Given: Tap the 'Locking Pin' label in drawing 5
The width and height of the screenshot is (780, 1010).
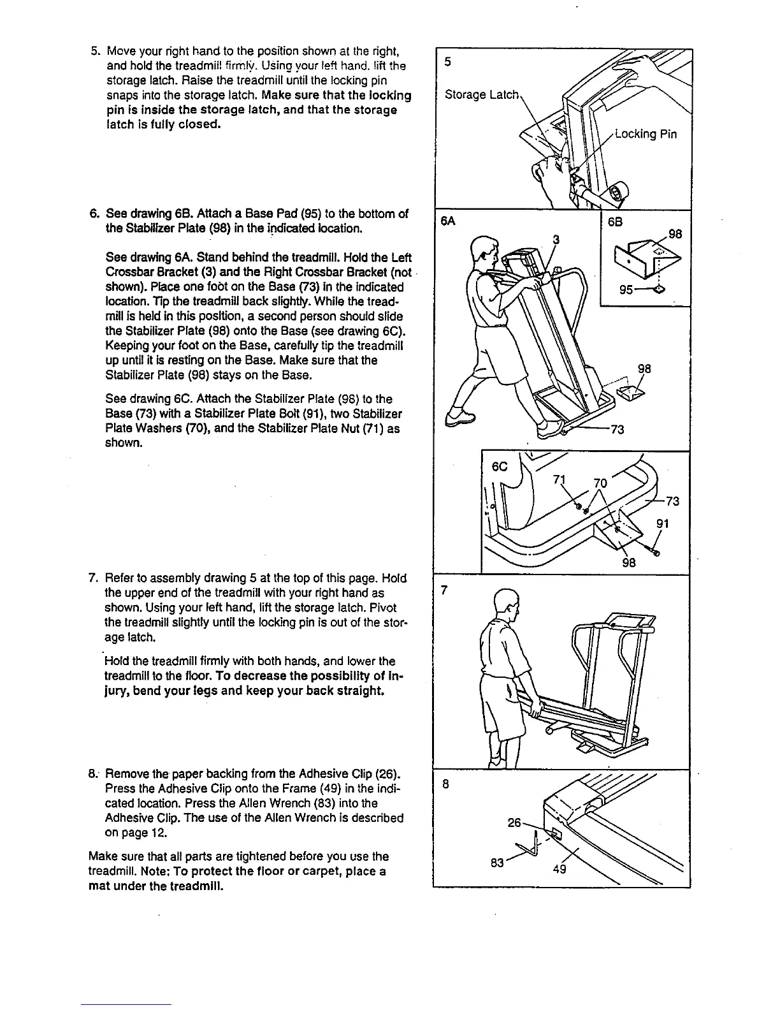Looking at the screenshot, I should coord(645,134).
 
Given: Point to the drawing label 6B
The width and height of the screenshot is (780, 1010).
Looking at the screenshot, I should coord(615,223).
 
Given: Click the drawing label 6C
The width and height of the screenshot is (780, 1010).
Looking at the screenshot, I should coord(500,467).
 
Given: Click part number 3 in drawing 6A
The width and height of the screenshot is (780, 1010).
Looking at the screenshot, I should coord(556,240).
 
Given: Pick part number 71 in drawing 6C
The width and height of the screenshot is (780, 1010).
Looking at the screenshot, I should coord(561,480).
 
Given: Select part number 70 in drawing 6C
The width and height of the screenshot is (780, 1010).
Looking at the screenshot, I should coord(600,483).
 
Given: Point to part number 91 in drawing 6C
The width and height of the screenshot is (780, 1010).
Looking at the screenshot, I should coord(663,525).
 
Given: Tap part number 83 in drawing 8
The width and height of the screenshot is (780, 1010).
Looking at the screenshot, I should coord(498,863).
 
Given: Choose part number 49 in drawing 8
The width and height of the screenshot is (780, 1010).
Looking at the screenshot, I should coord(560,868).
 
